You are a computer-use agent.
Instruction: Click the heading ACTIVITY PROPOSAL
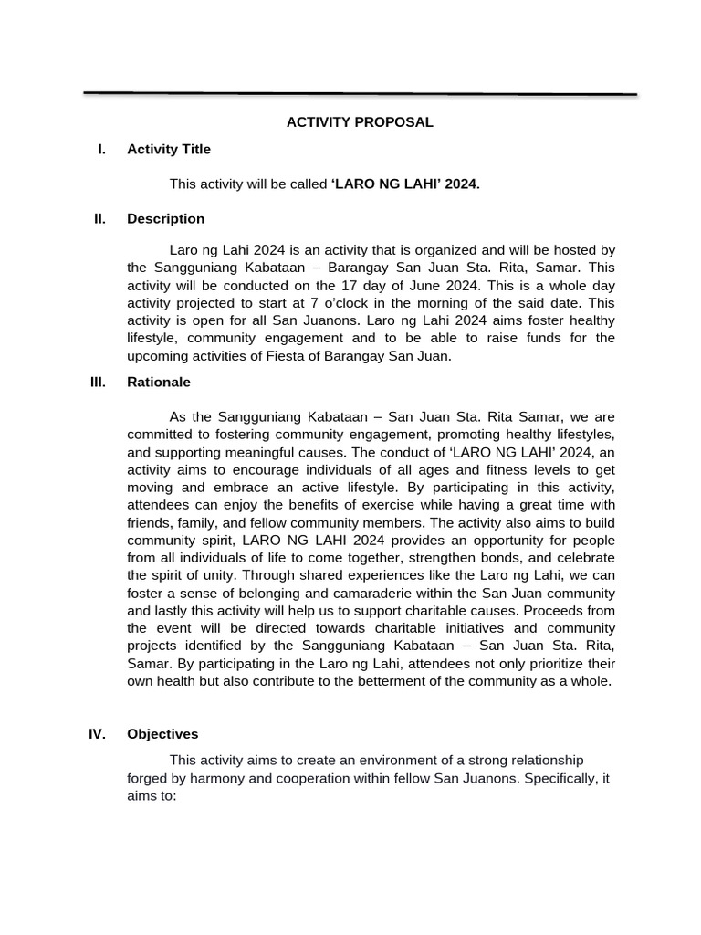(360, 121)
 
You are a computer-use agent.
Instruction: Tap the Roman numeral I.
(101, 149)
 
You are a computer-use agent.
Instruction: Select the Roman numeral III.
(98, 382)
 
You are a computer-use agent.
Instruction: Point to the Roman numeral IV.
(98, 733)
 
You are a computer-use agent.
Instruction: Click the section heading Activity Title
(169, 149)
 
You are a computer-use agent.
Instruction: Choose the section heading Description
(165, 218)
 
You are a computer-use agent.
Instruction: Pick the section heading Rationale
(159, 382)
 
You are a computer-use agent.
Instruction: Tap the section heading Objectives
(162, 733)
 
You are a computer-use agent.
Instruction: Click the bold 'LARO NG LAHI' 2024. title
(404, 184)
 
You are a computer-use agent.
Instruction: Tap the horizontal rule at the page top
(360, 93)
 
